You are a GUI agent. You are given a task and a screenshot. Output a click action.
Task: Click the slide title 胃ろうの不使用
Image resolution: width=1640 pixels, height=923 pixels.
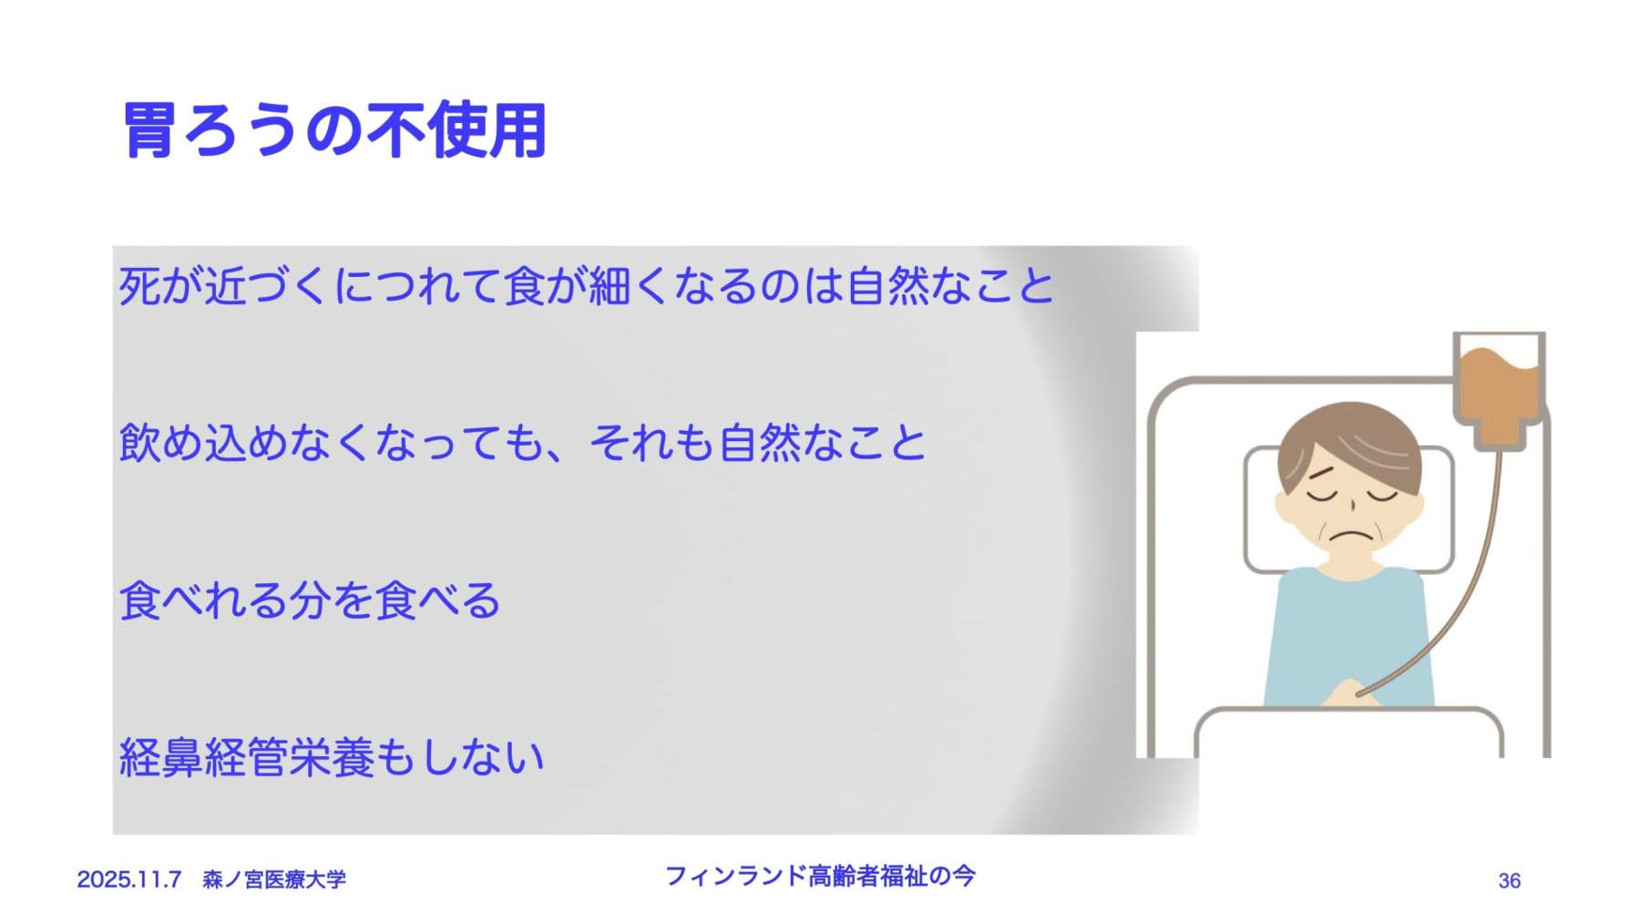(x=334, y=130)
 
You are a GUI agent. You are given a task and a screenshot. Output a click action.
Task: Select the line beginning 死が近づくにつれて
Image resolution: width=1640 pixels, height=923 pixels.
(x=587, y=286)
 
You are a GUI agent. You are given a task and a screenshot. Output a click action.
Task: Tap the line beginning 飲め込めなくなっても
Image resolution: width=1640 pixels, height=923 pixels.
(x=522, y=443)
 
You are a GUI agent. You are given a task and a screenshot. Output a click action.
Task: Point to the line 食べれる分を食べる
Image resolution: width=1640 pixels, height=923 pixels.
(x=310, y=600)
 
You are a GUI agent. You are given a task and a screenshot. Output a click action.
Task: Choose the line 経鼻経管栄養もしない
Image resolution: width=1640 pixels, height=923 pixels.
(x=332, y=757)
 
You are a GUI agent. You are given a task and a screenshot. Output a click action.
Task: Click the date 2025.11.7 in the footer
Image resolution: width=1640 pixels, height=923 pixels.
(x=129, y=879)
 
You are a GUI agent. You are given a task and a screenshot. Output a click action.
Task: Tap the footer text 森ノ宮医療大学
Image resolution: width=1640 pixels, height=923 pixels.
(x=274, y=879)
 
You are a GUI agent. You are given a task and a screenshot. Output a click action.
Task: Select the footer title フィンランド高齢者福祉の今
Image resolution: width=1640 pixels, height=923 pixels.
(x=820, y=876)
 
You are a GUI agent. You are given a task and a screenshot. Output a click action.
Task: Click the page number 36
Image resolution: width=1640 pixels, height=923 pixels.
(x=1509, y=881)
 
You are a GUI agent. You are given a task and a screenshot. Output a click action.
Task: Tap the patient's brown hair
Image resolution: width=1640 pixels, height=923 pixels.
(x=1348, y=442)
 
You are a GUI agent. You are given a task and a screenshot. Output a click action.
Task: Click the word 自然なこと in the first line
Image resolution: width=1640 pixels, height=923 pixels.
(x=950, y=286)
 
